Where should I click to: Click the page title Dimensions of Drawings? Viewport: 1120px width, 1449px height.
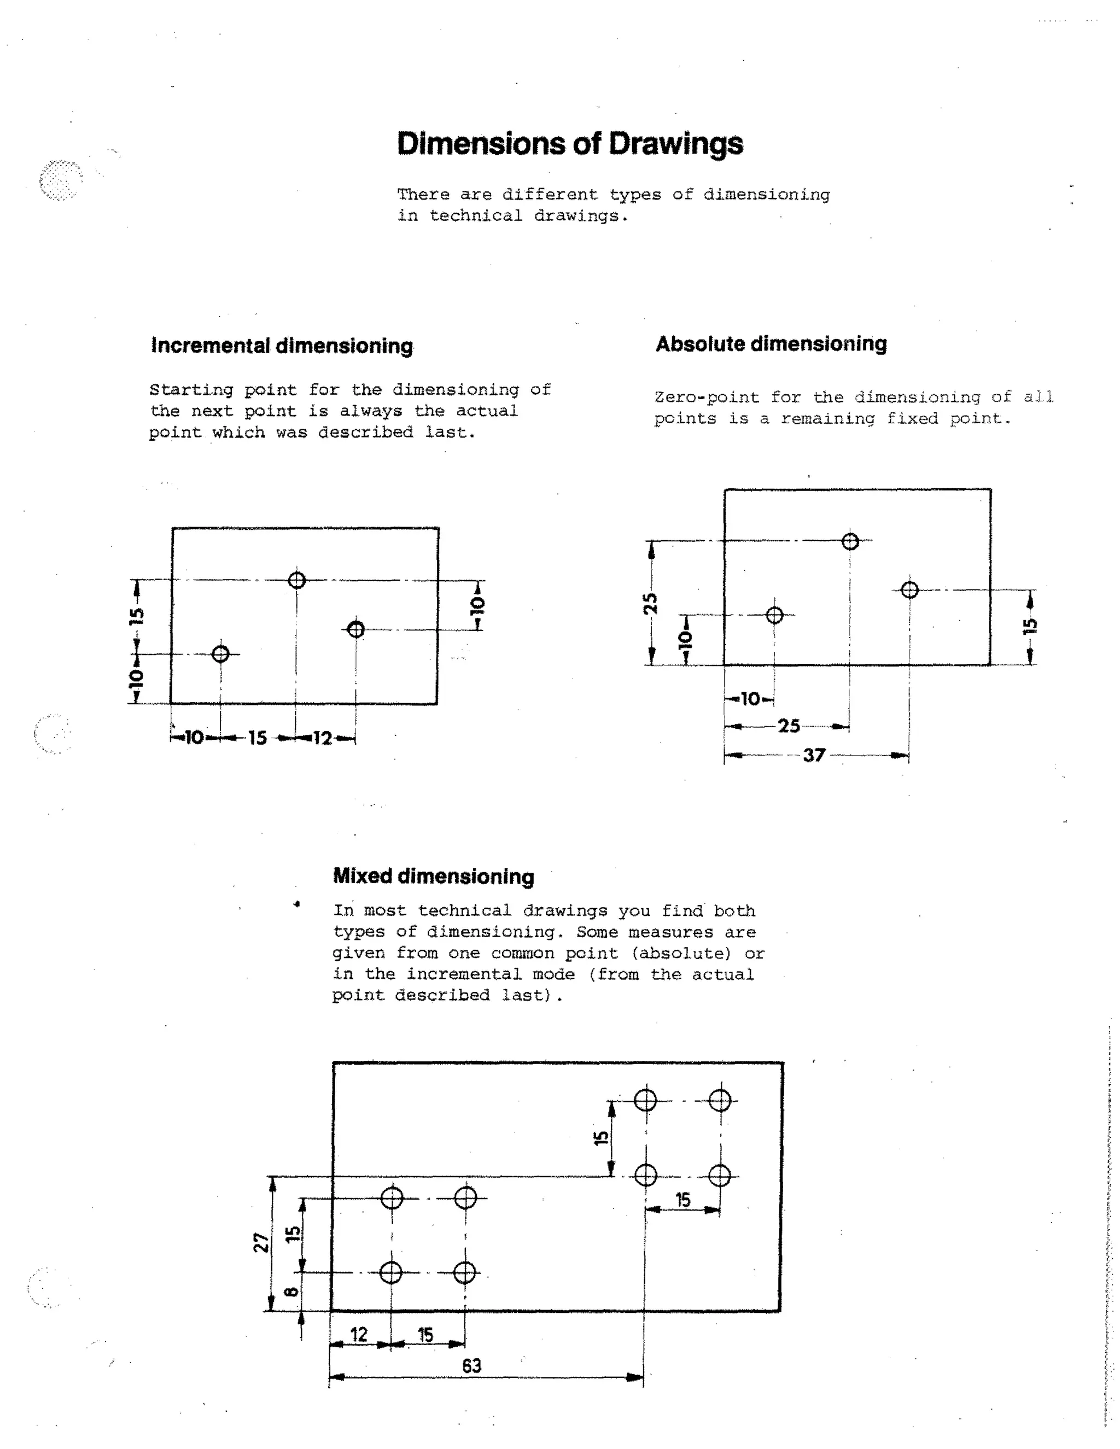pyautogui.click(x=569, y=144)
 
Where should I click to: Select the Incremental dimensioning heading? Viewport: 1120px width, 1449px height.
pyautogui.click(x=282, y=346)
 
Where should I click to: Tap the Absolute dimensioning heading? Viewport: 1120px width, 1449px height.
pyautogui.click(x=771, y=344)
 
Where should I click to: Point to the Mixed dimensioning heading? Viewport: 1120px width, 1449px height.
pyautogui.click(x=433, y=876)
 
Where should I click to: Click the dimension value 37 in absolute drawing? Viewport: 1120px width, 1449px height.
pyautogui.click(x=814, y=755)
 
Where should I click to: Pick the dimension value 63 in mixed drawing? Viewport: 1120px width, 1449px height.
pyautogui.click(x=472, y=1365)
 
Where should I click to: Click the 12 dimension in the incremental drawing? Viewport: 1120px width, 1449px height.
pyautogui.click(x=323, y=738)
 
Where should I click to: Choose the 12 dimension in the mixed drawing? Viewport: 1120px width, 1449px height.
pyautogui.click(x=359, y=1334)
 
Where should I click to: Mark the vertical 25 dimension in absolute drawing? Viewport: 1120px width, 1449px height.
pyautogui.click(x=651, y=603)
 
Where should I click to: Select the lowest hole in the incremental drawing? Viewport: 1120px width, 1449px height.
pyautogui.click(x=221, y=654)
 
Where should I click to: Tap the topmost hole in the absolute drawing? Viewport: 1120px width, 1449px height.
pyautogui.click(x=850, y=542)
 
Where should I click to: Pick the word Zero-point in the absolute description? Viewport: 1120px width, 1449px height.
pyautogui.click(x=707, y=398)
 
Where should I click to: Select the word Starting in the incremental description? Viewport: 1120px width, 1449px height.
pyautogui.click(x=191, y=389)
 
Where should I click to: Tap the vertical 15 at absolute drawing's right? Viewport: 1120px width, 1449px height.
pyautogui.click(x=1030, y=626)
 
